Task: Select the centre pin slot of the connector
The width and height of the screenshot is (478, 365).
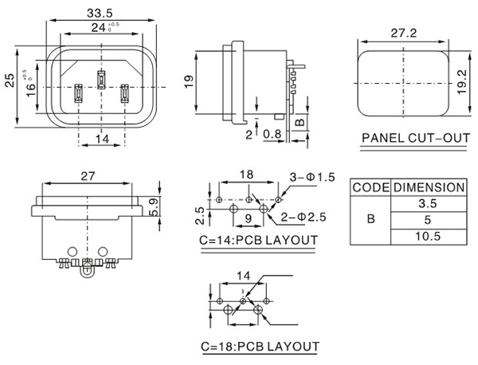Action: pyautogui.click(x=101, y=78)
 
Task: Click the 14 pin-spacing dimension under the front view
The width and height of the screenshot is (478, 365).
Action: pyautogui.click(x=101, y=139)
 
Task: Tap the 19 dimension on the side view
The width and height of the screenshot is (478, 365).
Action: pyautogui.click(x=190, y=81)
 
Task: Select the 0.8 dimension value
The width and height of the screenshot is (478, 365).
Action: pyautogui.click(x=271, y=134)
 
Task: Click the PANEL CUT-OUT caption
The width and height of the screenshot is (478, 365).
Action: pyautogui.click(x=416, y=138)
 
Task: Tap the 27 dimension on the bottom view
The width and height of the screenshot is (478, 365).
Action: pyautogui.click(x=88, y=177)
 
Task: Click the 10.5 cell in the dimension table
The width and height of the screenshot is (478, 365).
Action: pyautogui.click(x=428, y=237)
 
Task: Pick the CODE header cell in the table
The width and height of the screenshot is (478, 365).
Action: pyautogui.click(x=370, y=187)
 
